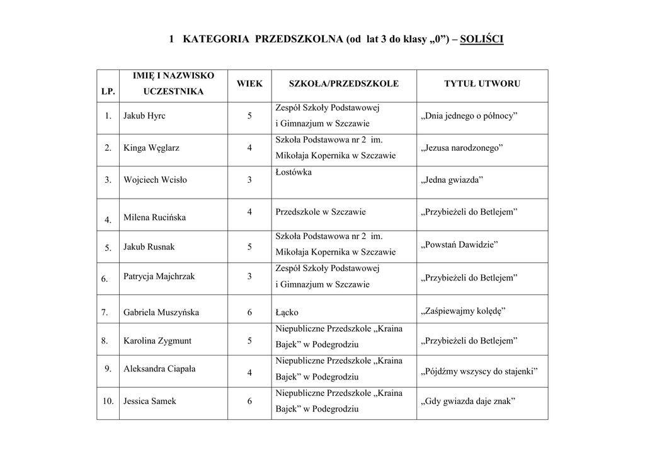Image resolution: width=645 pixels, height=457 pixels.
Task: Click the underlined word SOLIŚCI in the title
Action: click(482, 40)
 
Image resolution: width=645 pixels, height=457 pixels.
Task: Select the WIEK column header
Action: click(249, 83)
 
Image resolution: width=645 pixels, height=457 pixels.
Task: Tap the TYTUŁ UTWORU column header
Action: click(482, 83)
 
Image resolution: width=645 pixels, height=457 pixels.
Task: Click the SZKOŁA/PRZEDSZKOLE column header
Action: click(343, 83)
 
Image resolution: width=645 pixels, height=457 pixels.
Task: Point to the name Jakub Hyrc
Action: click(144, 116)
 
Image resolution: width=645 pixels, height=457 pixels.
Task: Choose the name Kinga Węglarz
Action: click(151, 148)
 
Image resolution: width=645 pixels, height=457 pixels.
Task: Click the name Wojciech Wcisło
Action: click(155, 180)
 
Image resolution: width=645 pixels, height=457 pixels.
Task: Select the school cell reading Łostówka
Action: click(294, 172)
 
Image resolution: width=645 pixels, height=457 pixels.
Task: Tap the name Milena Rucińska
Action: click(154, 218)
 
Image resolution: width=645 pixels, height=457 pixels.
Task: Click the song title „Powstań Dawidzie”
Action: click(459, 245)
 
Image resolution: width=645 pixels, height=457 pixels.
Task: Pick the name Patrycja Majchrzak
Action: click(159, 276)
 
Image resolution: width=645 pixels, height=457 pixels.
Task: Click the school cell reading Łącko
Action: click(287, 312)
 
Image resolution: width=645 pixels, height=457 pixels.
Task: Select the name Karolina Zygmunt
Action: click(157, 341)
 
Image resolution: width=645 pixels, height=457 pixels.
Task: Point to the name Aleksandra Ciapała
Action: click(159, 369)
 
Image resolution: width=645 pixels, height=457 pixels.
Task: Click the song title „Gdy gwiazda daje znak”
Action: click(467, 401)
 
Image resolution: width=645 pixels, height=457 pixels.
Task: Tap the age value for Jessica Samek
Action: click(249, 401)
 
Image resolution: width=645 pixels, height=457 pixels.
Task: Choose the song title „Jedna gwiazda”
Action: click(451, 180)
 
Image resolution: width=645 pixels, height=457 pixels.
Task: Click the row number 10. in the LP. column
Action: click(107, 401)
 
